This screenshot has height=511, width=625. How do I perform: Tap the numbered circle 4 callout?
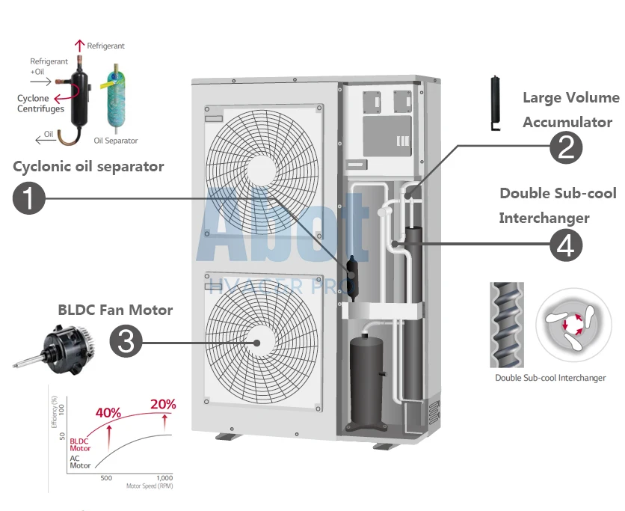(x=566, y=245)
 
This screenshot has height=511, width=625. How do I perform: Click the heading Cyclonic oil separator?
(x=88, y=166)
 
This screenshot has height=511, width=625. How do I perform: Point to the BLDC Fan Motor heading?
(x=115, y=310)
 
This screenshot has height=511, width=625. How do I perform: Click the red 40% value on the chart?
(x=109, y=412)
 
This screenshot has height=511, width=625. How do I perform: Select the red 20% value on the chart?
(x=164, y=404)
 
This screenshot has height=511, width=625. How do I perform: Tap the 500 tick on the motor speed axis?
(x=106, y=477)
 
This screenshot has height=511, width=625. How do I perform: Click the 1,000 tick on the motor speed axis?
(x=164, y=477)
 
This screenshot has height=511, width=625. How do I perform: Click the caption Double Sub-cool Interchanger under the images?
(x=550, y=378)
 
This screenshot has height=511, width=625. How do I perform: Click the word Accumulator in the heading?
(x=567, y=122)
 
